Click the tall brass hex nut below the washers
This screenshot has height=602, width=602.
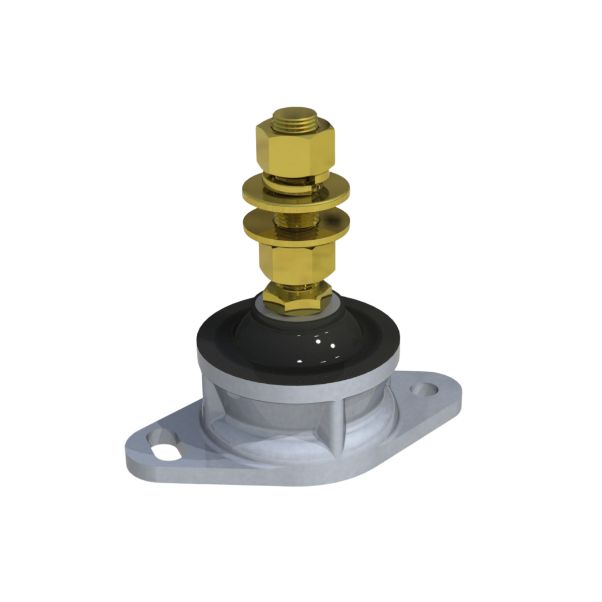(296, 261)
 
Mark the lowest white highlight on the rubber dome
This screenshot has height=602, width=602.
(299, 361)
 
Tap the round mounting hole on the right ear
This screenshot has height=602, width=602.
(425, 389)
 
